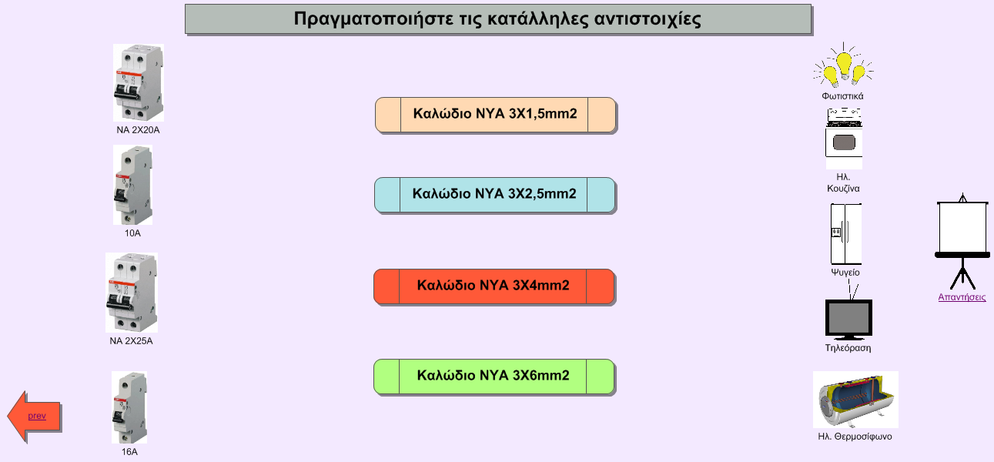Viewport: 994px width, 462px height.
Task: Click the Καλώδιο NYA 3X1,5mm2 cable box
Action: (495, 115)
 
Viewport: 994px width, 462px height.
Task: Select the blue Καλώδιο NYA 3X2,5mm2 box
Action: (494, 196)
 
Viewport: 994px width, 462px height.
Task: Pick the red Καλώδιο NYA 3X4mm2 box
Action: (494, 286)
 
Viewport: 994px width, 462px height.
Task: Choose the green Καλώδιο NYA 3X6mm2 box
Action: (494, 377)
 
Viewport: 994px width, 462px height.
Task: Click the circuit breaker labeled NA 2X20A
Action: (139, 82)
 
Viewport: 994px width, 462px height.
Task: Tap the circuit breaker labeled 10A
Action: (132, 185)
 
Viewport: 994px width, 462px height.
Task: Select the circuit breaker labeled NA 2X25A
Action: (132, 293)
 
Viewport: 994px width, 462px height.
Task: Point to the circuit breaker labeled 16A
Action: (129, 407)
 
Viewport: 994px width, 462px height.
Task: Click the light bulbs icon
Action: (843, 65)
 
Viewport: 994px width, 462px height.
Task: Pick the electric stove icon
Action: (844, 139)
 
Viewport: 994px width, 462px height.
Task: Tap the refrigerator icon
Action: (846, 234)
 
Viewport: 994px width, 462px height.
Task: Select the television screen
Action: (848, 319)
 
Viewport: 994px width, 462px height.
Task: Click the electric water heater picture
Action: (855, 400)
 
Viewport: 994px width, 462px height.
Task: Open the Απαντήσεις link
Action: (962, 297)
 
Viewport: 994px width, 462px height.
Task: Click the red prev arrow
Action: (34, 417)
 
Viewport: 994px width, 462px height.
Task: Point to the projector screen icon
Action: (962, 242)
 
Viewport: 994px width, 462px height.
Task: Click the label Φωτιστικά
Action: (842, 95)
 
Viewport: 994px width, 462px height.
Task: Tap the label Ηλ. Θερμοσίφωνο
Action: (855, 437)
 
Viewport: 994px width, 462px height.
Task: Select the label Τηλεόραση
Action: (848, 348)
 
